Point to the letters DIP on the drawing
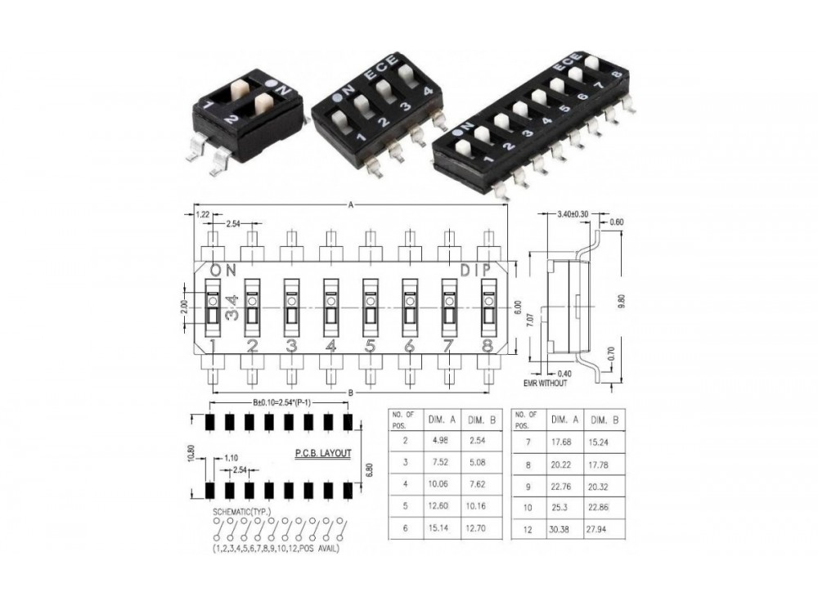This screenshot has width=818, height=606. (477, 270)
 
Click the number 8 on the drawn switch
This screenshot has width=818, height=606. (488, 346)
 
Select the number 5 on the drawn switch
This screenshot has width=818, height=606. (370, 346)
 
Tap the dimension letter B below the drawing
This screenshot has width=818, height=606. (351, 394)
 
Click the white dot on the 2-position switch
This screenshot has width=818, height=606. (271, 84)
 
